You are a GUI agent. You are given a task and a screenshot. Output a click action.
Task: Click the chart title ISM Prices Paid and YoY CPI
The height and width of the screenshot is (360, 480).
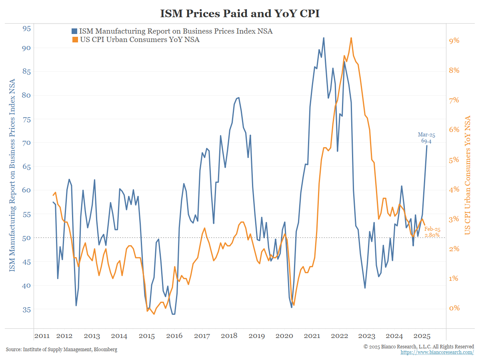coord(240,13)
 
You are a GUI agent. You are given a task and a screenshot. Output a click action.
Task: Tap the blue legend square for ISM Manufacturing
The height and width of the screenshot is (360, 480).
coord(74,31)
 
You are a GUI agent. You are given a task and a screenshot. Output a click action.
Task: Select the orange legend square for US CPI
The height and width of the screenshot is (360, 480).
coord(74,40)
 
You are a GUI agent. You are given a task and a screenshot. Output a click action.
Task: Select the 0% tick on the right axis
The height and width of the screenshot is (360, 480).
coord(454,308)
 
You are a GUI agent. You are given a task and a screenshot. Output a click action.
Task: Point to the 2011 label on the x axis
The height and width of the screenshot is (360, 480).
coord(42,336)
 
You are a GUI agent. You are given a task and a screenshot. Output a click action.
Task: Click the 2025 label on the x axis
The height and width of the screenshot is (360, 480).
coord(422,336)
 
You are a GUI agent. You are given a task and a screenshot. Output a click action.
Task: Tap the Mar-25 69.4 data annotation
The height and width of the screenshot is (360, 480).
coord(426,138)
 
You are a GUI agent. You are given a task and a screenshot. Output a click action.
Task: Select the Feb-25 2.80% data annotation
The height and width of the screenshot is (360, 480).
coord(432,232)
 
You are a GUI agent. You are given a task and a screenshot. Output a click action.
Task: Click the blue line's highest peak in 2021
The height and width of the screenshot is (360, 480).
coord(324,38)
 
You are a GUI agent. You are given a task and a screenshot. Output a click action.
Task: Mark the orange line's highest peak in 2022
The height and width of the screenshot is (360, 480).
coord(351,38)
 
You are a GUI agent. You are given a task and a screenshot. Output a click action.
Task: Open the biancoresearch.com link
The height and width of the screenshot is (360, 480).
coord(437,352)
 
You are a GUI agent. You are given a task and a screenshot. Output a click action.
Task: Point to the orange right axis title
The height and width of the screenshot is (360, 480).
coord(467,175)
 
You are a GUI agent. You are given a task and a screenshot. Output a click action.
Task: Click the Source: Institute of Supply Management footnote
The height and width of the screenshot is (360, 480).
coord(62,350)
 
